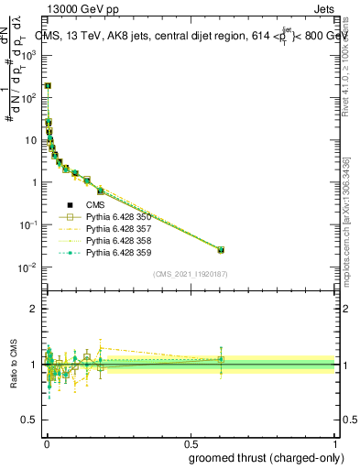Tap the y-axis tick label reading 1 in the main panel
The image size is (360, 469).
35,182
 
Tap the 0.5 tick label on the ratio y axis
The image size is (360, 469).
30,420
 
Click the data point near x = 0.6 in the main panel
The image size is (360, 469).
220,249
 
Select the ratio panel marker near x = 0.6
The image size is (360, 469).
220,359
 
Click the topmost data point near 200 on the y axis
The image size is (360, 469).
48,86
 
